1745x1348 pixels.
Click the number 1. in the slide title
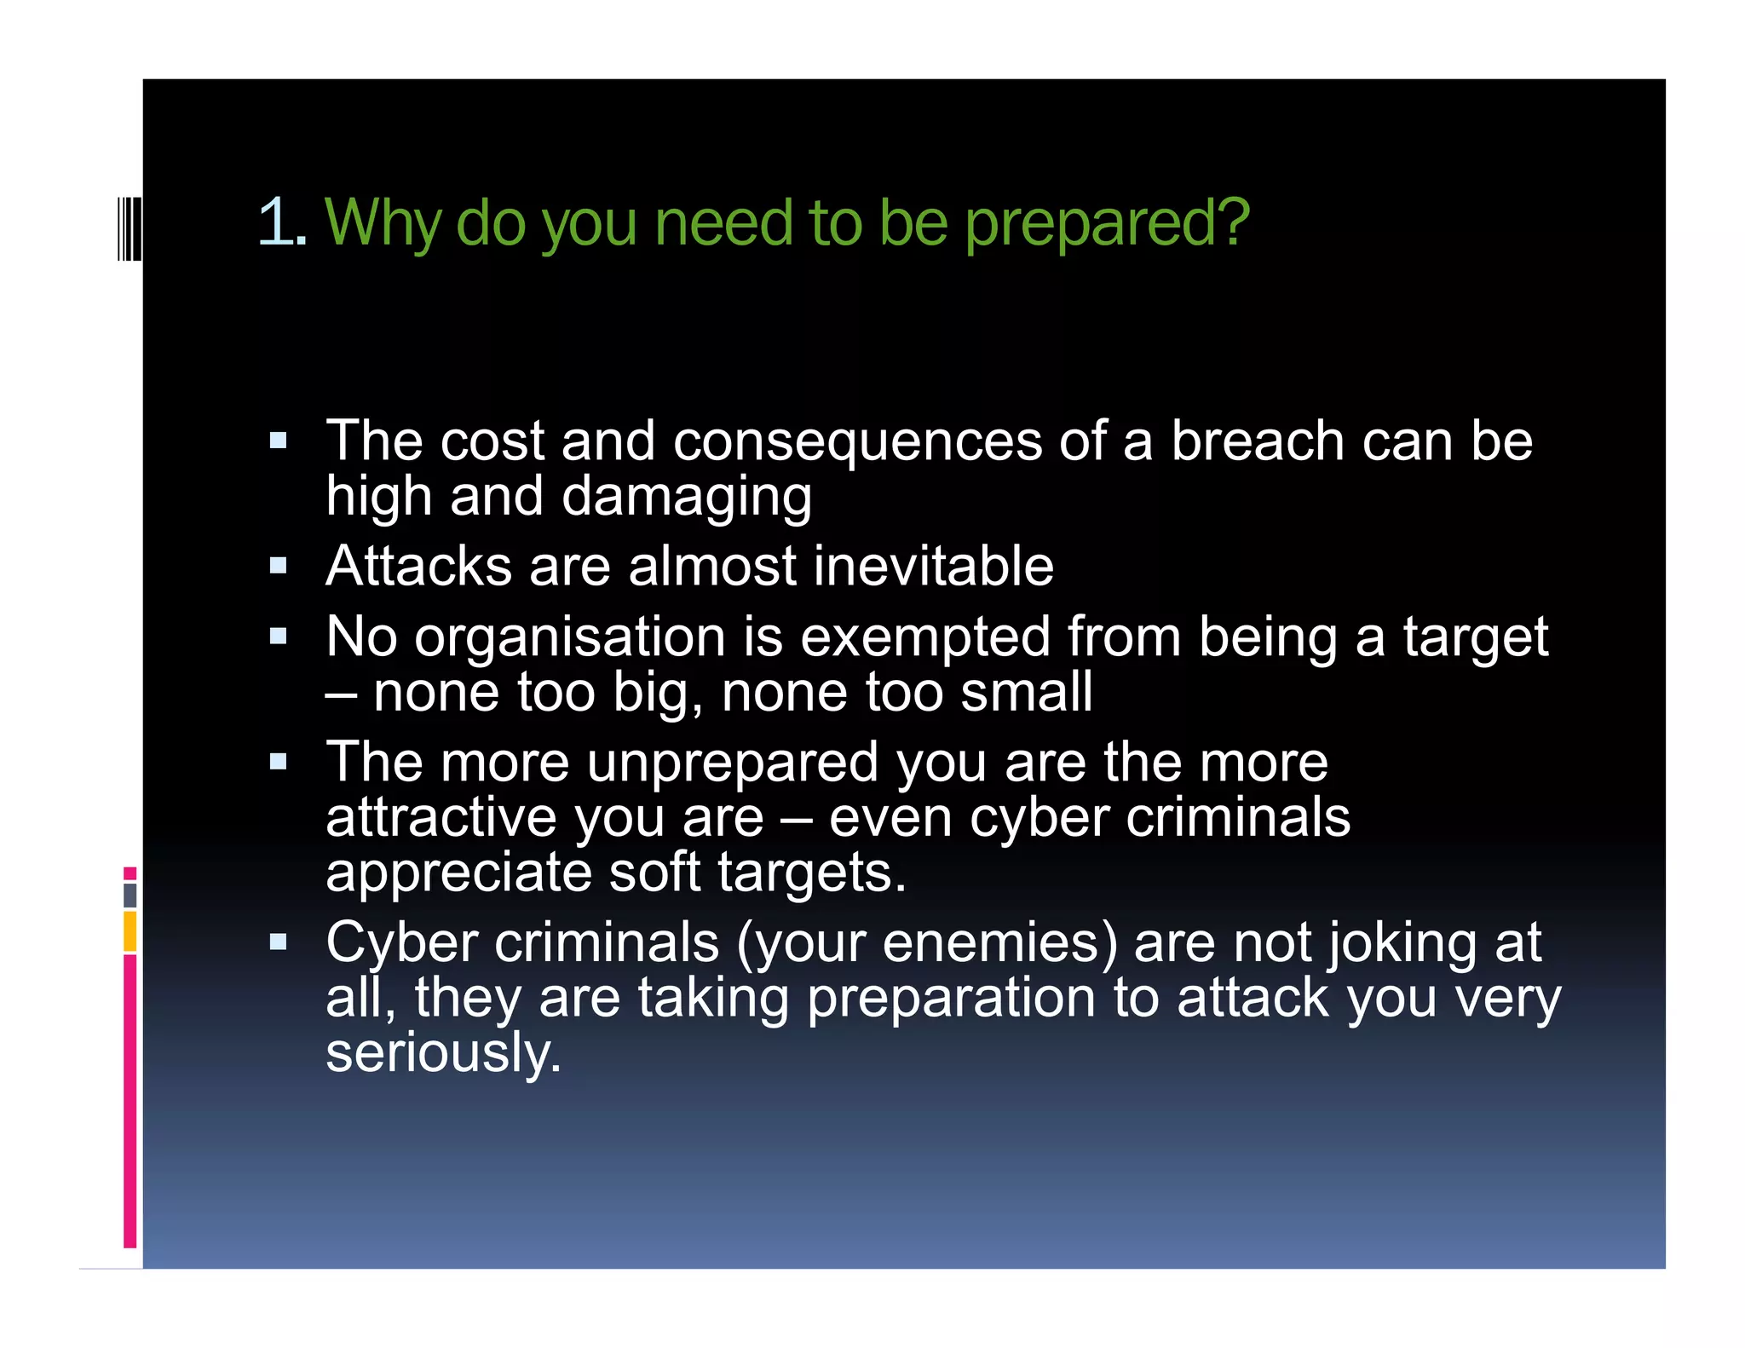(282, 222)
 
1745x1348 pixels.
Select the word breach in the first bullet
(1257, 441)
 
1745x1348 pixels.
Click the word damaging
(686, 498)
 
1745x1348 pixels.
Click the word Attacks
(418, 567)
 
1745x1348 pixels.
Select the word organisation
(569, 638)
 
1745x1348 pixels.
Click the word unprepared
(733, 763)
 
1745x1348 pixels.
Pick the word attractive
(441, 818)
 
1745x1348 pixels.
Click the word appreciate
(458, 873)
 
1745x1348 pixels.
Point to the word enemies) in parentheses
(999, 943)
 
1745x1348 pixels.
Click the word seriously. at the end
(444, 1053)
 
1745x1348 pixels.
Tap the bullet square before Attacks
(278, 567)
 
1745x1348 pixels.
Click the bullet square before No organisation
(278, 637)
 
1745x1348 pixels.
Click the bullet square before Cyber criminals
(278, 942)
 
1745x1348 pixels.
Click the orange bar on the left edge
(130, 931)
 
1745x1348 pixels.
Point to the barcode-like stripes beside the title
(130, 228)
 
